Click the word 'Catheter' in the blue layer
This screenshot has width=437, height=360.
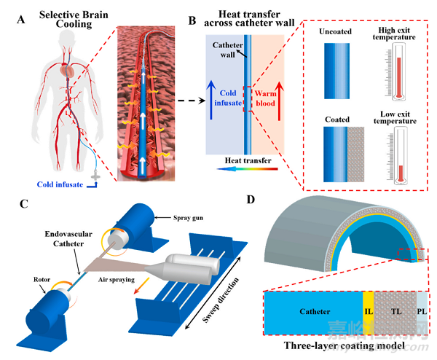pyautogui.click(x=315, y=311)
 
